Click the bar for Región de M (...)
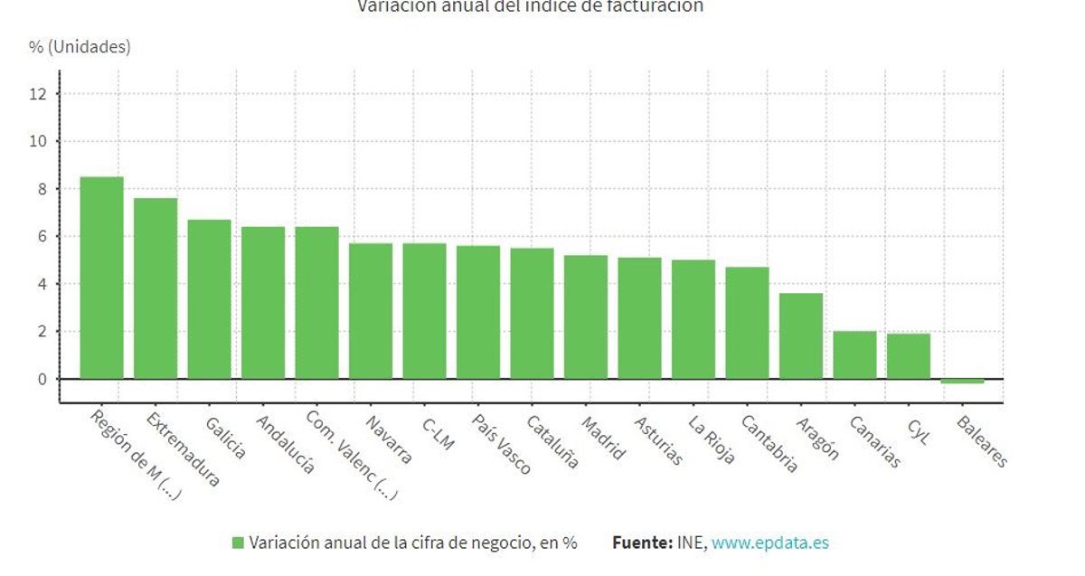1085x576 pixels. (101, 278)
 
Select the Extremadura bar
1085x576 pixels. (156, 288)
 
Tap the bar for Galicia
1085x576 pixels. (209, 299)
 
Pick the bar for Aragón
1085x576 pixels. (800, 335)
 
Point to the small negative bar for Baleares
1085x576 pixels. (962, 382)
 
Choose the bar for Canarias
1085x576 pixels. (854, 354)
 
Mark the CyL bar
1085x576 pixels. (908, 356)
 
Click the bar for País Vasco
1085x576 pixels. (477, 312)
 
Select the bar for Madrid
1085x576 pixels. (586, 316)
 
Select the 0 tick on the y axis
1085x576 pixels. (42, 379)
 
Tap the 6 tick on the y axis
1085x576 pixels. (42, 237)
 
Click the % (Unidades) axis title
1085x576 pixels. (80, 47)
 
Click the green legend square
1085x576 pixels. (238, 543)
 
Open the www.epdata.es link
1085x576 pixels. (769, 543)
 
